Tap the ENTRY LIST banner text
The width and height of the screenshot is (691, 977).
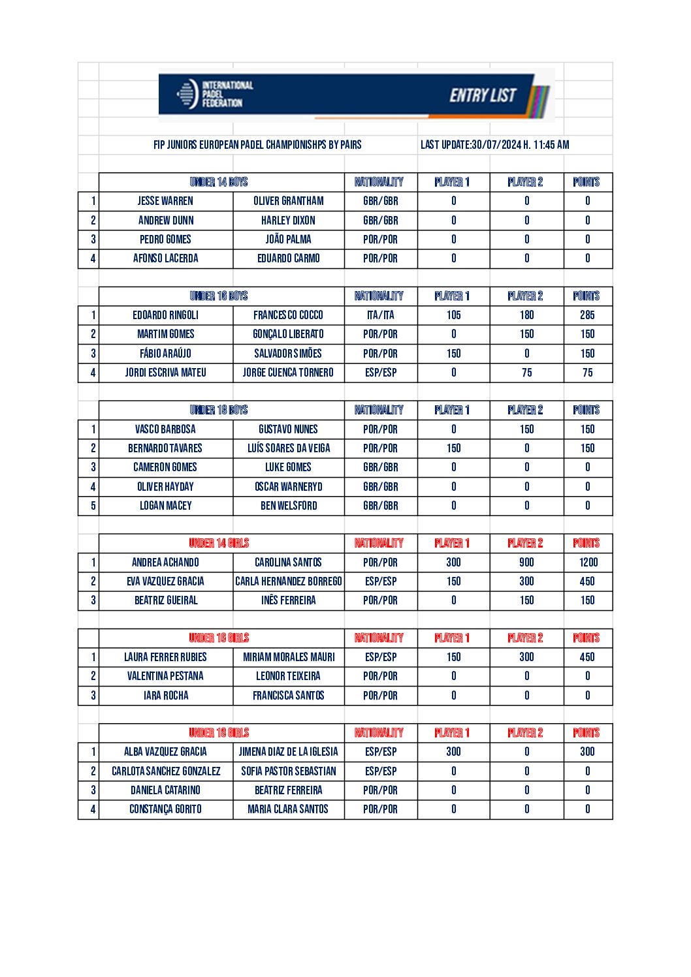click(483, 96)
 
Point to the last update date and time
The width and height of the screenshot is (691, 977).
click(494, 145)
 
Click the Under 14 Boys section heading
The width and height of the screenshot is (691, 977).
click(219, 182)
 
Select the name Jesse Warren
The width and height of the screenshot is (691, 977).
click(165, 201)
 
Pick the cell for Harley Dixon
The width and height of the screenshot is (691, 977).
click(288, 221)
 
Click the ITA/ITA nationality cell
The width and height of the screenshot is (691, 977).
click(381, 315)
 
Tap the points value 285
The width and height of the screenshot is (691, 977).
click(587, 315)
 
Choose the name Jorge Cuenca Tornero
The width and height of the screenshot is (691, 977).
click(288, 373)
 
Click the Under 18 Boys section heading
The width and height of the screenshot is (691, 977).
click(219, 410)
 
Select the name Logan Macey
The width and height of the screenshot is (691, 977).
click(165, 506)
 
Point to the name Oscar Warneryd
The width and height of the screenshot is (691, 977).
click(288, 487)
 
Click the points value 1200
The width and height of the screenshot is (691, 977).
click(588, 563)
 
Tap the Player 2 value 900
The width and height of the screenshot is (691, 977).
click(526, 563)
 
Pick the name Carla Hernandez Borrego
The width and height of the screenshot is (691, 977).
click(288, 582)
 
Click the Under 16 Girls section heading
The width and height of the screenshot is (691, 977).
click(219, 638)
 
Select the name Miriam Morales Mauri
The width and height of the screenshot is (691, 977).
click(288, 657)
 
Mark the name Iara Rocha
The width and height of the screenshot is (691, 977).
click(165, 696)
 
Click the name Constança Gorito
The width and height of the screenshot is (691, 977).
click(165, 809)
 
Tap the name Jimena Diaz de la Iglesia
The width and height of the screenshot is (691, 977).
click(288, 752)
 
